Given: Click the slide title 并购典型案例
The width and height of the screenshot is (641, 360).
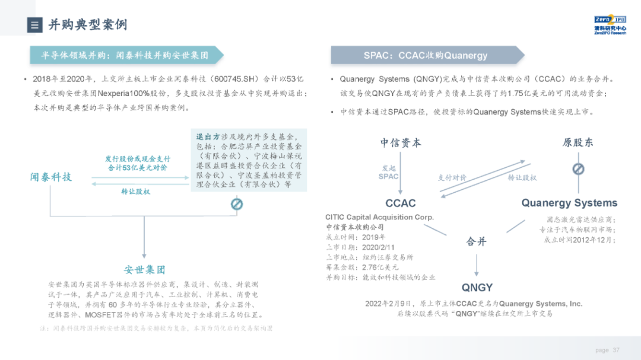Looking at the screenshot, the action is click(87, 24).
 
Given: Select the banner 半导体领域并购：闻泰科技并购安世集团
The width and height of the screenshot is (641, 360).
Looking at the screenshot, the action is click(125, 55).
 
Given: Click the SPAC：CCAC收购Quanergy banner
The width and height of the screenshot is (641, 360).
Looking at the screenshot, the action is click(426, 55).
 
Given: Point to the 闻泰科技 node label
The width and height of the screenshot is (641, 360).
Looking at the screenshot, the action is click(51, 177).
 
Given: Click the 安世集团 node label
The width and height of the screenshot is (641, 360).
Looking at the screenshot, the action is click(144, 269).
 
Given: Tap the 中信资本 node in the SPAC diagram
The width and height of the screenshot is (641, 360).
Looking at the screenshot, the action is click(401, 142).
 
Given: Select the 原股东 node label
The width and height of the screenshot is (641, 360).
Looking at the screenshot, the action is click(577, 142).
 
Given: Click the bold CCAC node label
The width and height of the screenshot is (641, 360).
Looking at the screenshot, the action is click(401, 203).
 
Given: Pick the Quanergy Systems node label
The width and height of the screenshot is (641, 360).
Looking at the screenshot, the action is click(569, 203).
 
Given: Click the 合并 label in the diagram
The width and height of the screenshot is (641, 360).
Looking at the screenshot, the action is click(476, 241).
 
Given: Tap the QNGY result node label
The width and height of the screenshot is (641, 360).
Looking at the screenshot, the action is click(477, 288).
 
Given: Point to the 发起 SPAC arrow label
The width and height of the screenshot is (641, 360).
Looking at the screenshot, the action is click(389, 172).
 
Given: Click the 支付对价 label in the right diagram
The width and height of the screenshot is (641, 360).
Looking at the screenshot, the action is click(452, 177).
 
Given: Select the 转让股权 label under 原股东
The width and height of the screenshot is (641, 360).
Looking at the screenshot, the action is click(522, 177).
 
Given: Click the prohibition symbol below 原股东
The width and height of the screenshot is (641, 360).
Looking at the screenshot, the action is click(578, 168).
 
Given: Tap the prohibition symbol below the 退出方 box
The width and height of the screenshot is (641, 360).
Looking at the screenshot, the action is click(236, 205).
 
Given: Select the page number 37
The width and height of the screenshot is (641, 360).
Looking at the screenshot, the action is click(616, 350).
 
